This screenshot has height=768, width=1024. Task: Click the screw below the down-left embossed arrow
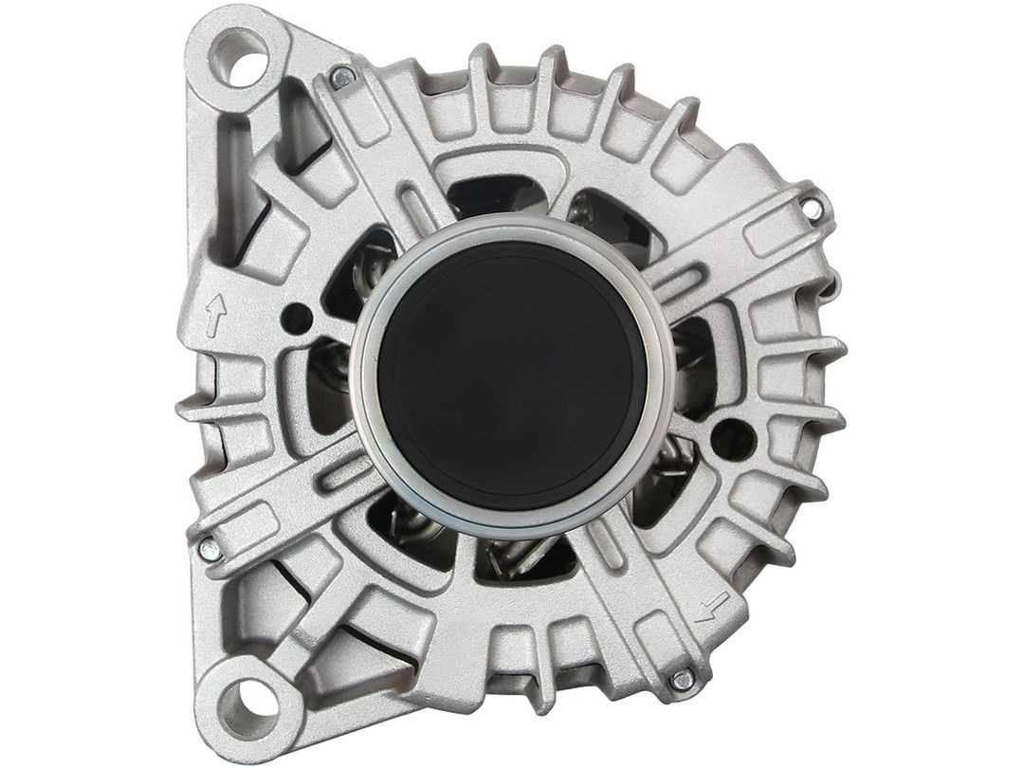click(x=679, y=679)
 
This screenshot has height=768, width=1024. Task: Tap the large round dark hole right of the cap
click(x=733, y=435)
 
